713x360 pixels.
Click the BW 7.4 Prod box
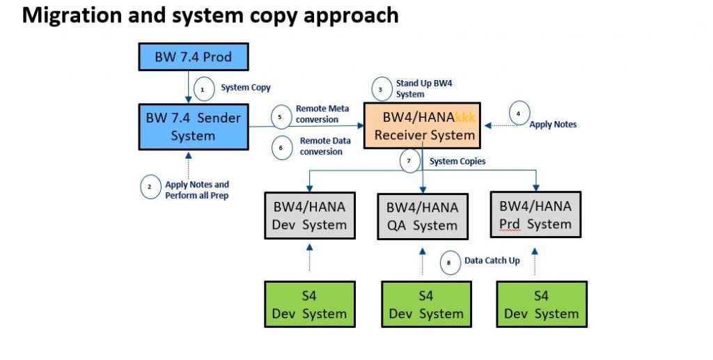(194, 57)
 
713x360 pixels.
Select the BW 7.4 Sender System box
(194, 127)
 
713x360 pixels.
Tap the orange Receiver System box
(423, 125)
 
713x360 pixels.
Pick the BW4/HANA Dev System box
(310, 215)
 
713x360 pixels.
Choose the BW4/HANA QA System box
(423, 217)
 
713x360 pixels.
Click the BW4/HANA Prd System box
(535, 214)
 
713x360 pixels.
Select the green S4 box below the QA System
(426, 304)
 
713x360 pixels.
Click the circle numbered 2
(150, 187)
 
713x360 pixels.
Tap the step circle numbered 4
(519, 113)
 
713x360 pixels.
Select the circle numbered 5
(281, 116)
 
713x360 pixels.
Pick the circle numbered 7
(409, 160)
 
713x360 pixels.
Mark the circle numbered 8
(450, 263)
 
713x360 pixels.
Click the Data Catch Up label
(492, 261)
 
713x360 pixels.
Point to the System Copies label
(457, 162)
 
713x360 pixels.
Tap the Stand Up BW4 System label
(424, 88)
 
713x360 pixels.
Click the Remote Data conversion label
(325, 146)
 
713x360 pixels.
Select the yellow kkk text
(464, 117)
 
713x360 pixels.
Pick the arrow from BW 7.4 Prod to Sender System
(189, 87)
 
